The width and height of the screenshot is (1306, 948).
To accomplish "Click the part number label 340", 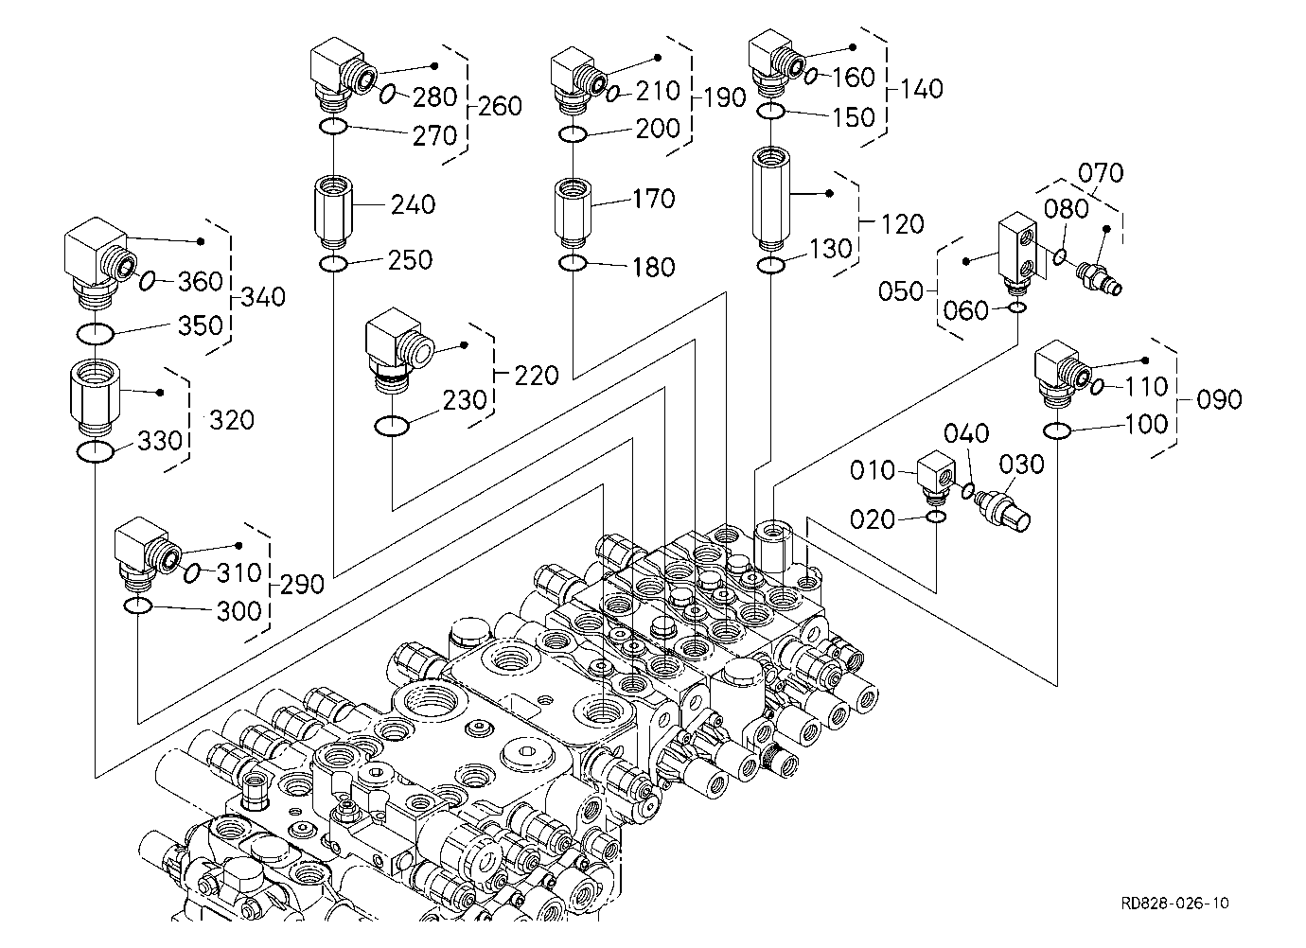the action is coord(263,297).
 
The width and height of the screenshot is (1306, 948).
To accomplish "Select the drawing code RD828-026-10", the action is coord(1174,904).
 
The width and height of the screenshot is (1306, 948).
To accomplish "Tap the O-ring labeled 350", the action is coord(95,334).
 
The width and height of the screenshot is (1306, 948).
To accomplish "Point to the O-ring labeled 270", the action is coord(333,126).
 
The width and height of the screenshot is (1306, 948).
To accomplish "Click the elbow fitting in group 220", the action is coord(398,350).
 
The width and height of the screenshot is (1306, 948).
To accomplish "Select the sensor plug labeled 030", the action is coord(1004,511).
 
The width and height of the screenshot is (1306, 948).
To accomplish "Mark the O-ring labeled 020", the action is coord(936,517).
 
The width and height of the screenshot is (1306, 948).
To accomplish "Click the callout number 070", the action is coord(1101,172).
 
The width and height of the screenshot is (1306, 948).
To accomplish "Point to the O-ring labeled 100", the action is coord(1056,431).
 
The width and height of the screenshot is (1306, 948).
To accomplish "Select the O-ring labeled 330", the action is coord(95,452).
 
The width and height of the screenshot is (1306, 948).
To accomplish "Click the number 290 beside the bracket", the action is coord(302,584).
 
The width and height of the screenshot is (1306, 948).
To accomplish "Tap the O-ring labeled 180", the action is coord(573,264).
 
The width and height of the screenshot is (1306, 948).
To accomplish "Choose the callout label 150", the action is coord(854,117).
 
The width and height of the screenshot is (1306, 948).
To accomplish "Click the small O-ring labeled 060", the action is coord(1017,307).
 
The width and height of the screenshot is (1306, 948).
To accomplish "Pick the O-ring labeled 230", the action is coord(391,426).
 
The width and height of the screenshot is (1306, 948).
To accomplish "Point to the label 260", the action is coord(501,106).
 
